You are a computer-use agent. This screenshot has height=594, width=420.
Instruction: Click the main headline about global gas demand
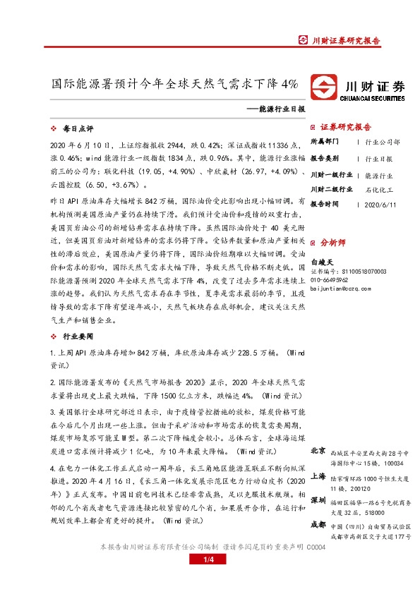[x=176, y=83]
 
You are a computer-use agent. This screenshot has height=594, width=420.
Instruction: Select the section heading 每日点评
[x=78, y=129]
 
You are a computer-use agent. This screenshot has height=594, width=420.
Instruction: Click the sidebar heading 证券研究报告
[x=345, y=128]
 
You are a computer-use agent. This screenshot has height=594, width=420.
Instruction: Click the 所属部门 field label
[x=325, y=141]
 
